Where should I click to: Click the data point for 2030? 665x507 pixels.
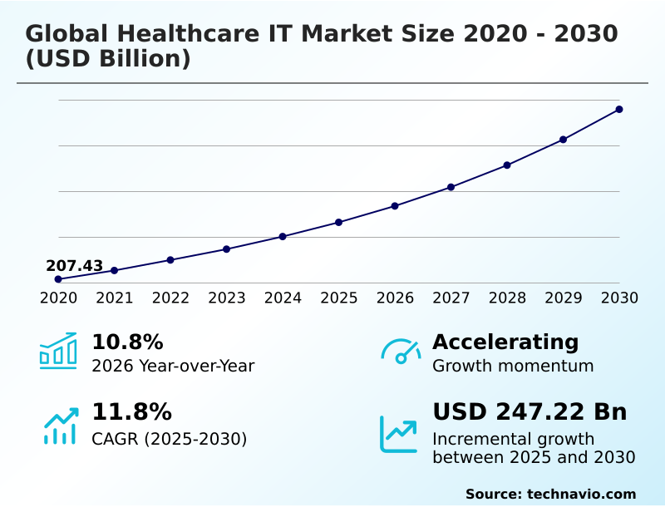click(x=619, y=109)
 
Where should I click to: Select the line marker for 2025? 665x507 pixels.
click(x=339, y=222)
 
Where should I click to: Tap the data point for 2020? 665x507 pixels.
click(x=58, y=279)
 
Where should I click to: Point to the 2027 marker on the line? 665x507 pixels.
click(x=451, y=187)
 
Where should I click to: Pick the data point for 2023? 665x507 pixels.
click(x=227, y=249)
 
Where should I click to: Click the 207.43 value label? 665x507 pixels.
click(x=75, y=266)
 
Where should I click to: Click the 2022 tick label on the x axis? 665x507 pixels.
click(x=170, y=298)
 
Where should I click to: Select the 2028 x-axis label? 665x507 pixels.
click(x=507, y=298)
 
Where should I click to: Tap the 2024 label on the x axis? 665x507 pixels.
click(x=283, y=298)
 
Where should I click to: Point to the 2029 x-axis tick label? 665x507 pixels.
click(x=564, y=298)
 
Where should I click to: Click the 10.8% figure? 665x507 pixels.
click(x=127, y=342)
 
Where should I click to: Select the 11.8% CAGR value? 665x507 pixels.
click(x=131, y=412)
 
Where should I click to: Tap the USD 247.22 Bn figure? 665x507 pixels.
click(x=530, y=412)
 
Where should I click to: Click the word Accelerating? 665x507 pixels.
click(x=505, y=342)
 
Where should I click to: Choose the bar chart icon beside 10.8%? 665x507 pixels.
click(x=58, y=351)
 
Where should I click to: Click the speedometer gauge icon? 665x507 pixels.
click(x=401, y=351)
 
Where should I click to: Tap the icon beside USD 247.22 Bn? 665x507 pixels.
click(x=399, y=434)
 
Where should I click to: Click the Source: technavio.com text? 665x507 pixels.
click(x=550, y=494)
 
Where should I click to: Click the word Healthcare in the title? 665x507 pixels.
click(x=185, y=34)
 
